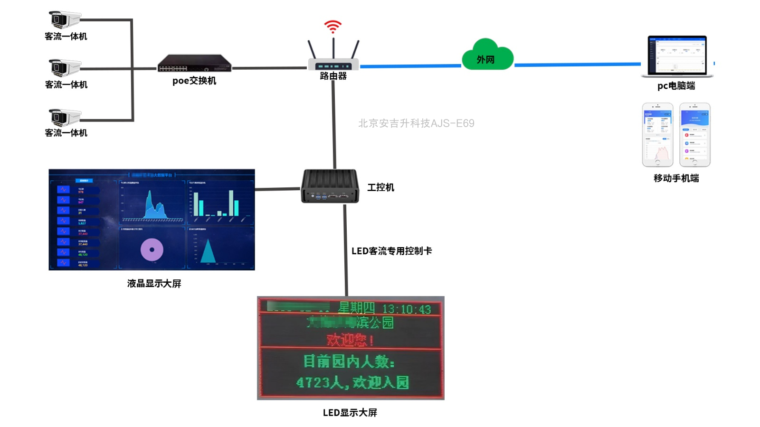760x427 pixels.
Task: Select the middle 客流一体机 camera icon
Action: coord(64,68)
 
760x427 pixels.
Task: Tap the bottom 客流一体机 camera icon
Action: coord(64,117)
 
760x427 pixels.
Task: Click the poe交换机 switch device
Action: coord(194,64)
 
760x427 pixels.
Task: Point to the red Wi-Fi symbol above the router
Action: coord(333,27)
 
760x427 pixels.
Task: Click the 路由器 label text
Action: coord(333,76)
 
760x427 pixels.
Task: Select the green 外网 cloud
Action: coord(487,56)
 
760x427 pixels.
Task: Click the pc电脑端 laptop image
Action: coord(677,56)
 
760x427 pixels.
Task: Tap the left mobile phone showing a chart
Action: coord(657,135)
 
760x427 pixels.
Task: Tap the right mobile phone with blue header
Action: coord(695,135)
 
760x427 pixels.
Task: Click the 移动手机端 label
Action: coord(676,178)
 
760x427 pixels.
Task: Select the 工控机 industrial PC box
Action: coord(330,186)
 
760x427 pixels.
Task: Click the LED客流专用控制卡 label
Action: coord(391,251)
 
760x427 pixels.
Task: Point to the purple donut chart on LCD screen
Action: coord(152,250)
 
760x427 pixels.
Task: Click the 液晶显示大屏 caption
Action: coord(154,284)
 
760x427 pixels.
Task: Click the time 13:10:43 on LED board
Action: coord(407,309)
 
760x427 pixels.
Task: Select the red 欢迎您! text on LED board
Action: coord(350,340)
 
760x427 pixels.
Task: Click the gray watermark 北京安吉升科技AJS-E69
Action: coord(416,123)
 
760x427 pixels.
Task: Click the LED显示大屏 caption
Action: coord(350,413)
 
